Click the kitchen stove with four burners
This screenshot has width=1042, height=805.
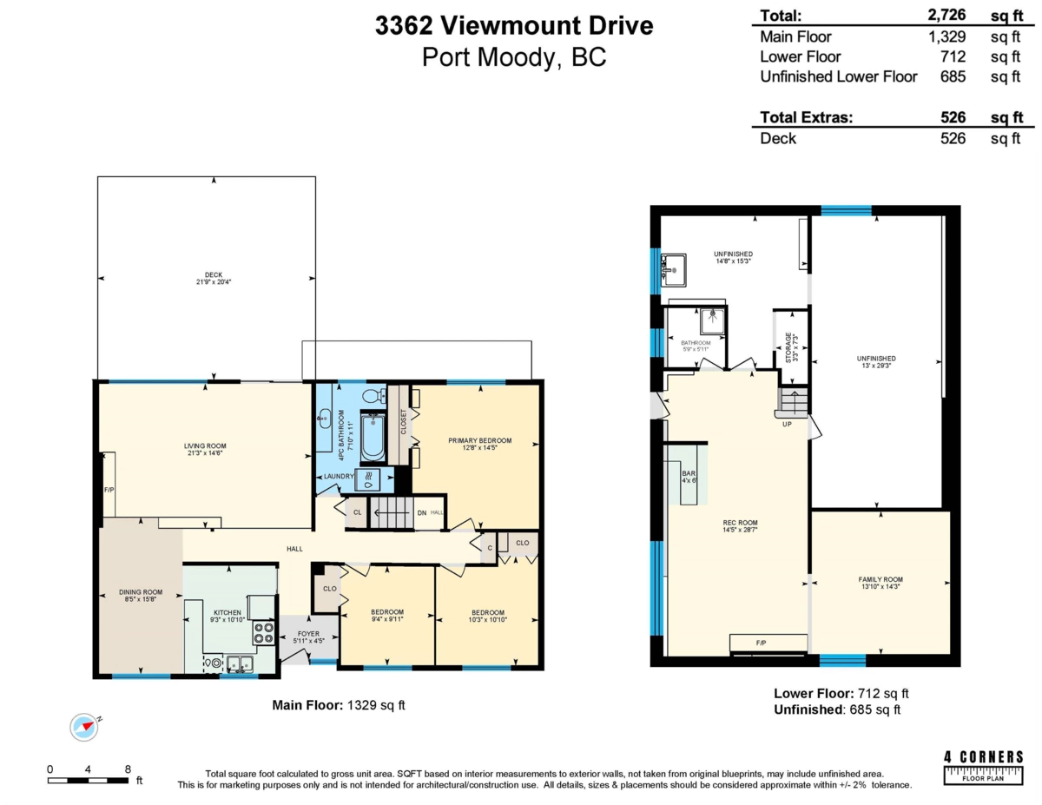coord(263,632)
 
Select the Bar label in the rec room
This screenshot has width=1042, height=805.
coord(688,475)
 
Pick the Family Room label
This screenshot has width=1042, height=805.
coord(880,584)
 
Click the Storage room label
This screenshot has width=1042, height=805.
coord(790,346)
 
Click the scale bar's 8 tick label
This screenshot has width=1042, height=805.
coord(128,769)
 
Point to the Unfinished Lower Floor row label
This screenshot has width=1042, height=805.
coord(838,76)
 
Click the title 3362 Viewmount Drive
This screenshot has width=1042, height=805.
coord(513,26)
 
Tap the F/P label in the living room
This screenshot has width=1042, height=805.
coord(109,490)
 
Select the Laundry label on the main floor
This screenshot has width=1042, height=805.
coord(338,477)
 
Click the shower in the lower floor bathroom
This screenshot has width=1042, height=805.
coord(711,320)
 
